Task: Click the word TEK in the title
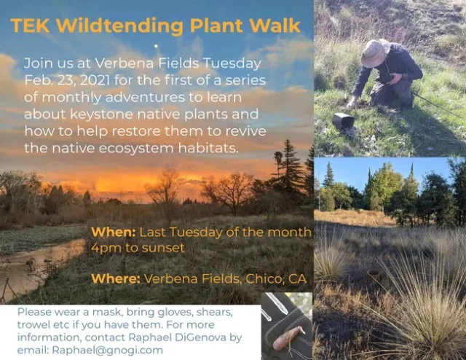tap(31, 26)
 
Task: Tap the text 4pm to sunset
tap(136, 248)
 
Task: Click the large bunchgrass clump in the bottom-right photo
tap(415, 306)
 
